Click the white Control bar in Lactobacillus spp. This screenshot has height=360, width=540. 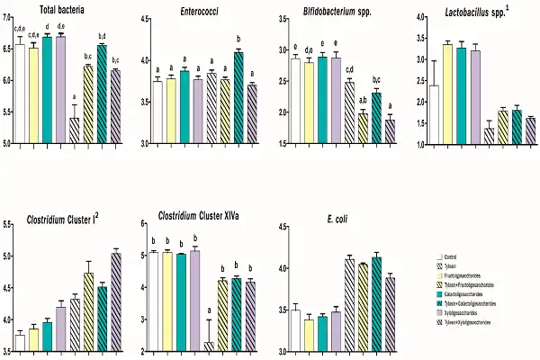point(435,114)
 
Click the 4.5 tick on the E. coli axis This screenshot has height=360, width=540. point(277,226)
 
